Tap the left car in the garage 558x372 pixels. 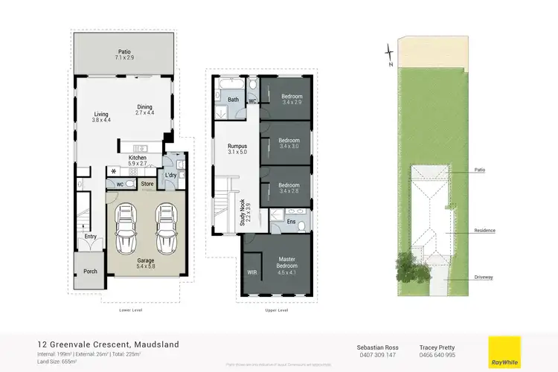(126, 229)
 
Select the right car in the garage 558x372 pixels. (165, 229)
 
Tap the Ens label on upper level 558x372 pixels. (291, 221)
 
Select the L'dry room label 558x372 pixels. (170, 176)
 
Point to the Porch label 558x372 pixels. (90, 272)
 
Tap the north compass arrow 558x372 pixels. (388, 53)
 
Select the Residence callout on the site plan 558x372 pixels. (484, 231)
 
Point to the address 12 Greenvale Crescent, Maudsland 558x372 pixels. (108, 344)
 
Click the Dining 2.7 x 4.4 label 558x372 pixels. (144, 109)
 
